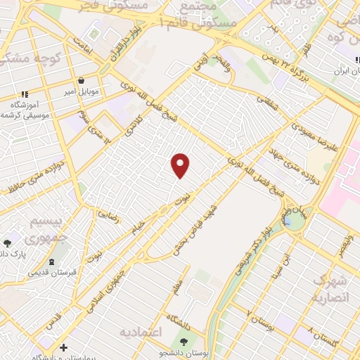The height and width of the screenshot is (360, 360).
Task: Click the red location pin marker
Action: [x=181, y=165]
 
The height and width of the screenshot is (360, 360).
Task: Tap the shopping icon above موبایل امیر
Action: [x=83, y=79]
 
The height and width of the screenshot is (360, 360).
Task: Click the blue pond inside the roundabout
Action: [x=288, y=223]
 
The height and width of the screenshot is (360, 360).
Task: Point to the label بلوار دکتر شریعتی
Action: [x=250, y=253]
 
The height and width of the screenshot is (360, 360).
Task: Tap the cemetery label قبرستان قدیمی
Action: [x=47, y=273]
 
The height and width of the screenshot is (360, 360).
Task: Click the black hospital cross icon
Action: [x=64, y=347]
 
